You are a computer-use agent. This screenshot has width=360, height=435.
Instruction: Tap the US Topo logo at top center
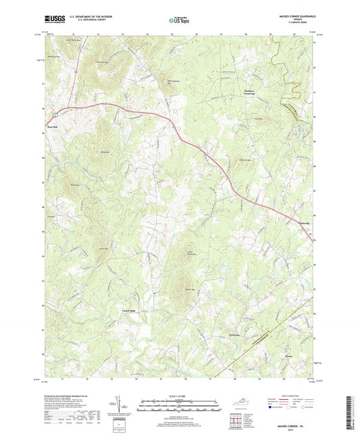[x=179, y=21]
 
